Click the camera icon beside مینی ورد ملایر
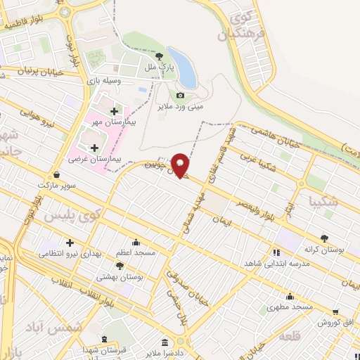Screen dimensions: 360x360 click(x=181, y=95)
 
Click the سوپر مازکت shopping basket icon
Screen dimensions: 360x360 click(x=56, y=174)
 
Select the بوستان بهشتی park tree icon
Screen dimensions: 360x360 click(x=120, y=266)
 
